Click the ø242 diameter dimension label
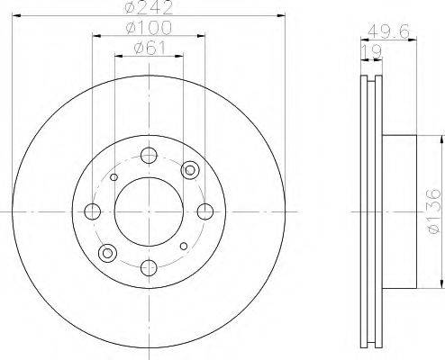[149, 7]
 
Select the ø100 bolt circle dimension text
[149, 28]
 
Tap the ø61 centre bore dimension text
[150, 48]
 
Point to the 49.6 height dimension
[388, 31]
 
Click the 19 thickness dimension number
[372, 52]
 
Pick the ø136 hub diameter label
[433, 211]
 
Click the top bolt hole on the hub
[149, 156]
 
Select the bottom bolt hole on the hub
[149, 268]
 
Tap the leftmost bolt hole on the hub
[93, 211]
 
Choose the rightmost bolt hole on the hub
[205, 211]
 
